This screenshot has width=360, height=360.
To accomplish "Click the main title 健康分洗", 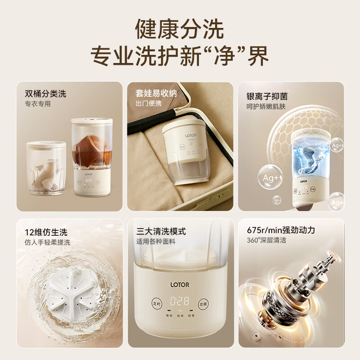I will click(180, 30).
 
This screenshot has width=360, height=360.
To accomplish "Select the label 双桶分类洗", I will click(45, 94).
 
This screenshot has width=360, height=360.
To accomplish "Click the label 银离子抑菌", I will click(267, 96).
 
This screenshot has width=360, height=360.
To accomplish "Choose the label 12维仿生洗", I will click(46, 232).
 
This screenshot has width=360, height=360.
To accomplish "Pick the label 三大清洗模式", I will click(161, 232).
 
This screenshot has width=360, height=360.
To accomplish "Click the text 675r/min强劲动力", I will click(281, 230).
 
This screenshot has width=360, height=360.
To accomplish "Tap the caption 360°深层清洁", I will click(266, 241).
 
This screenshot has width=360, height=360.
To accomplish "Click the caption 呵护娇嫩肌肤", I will click(266, 107).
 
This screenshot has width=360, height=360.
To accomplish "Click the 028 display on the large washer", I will click(180, 301).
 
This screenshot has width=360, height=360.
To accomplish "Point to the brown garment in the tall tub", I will click(92, 153).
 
